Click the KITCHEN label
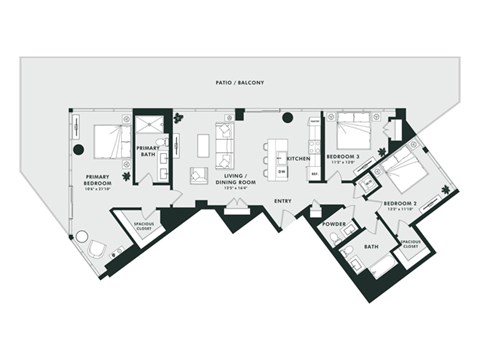[x=297, y=159]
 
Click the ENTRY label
[x=282, y=201]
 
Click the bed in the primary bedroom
[x=104, y=141]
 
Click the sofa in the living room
[x=226, y=146]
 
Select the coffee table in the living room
[x=204, y=146]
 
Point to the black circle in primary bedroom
[x=78, y=150]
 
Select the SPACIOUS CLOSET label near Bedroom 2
[x=411, y=243]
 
